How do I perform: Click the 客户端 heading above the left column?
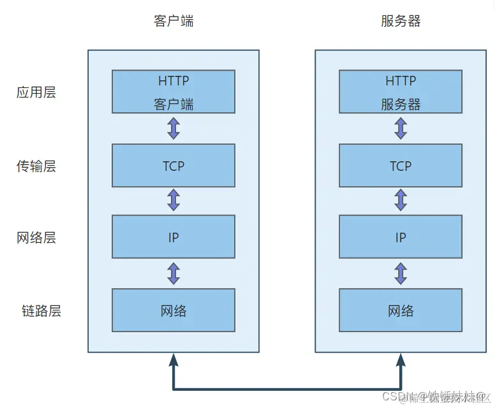point(174,21)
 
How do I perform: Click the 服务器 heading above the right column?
point(401,21)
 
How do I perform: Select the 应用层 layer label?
point(36,92)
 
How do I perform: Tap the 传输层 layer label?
point(36,166)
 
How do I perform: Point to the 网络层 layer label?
point(36,238)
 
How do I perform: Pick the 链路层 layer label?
point(41,311)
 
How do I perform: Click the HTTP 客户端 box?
point(174,92)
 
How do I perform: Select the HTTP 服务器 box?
point(401,92)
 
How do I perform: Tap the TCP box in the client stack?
point(174,166)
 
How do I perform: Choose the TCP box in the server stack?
point(401,166)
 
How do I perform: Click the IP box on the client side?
point(174,237)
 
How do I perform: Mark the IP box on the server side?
point(401,237)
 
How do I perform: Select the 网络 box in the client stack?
point(174,310)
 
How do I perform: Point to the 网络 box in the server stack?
point(401,310)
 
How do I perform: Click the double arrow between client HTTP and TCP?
point(174,128)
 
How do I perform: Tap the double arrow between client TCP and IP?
point(174,200)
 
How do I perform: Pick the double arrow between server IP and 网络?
point(401,273)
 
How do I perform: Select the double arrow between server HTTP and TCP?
point(401,128)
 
